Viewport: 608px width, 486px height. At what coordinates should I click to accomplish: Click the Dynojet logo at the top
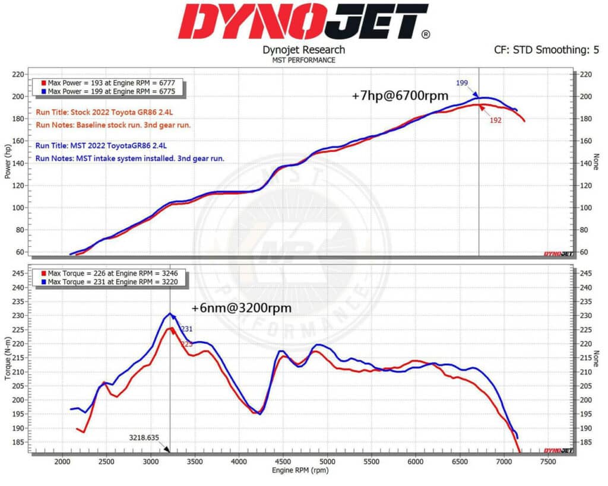coord(303,21)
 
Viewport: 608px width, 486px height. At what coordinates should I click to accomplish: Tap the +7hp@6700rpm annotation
coord(400,95)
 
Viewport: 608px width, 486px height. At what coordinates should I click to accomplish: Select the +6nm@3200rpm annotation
coord(242,309)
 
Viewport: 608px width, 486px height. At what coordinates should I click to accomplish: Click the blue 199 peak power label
coord(461,82)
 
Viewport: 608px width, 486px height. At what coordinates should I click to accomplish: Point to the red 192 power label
coord(496,120)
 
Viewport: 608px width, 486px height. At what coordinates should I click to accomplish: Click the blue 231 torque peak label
coord(186,329)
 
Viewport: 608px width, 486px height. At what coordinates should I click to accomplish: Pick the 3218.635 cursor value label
coord(145,438)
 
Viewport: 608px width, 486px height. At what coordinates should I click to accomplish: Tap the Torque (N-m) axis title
coord(8,360)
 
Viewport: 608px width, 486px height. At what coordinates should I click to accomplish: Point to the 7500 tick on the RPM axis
coord(547,461)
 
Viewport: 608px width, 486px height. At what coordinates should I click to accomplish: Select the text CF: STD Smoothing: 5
coord(546,50)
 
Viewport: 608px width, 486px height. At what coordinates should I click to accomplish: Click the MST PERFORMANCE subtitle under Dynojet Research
coord(303,60)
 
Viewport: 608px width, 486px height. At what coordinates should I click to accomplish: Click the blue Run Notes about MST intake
coord(129,158)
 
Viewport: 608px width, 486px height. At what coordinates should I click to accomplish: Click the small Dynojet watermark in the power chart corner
coord(558,254)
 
